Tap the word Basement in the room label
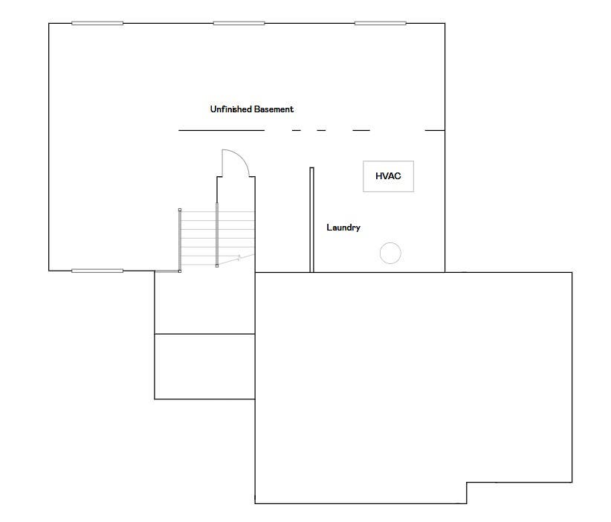(274, 109)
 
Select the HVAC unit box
(388, 176)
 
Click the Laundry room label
(343, 228)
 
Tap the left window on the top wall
(97, 23)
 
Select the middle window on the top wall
(239, 23)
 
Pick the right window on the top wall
(381, 23)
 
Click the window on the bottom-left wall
(97, 271)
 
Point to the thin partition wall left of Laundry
(311, 220)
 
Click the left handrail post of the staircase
(180, 240)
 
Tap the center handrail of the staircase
(217, 235)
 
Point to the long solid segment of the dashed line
(222, 130)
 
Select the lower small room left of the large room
(205, 367)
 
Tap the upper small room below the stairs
(205, 303)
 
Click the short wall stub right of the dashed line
(435, 130)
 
